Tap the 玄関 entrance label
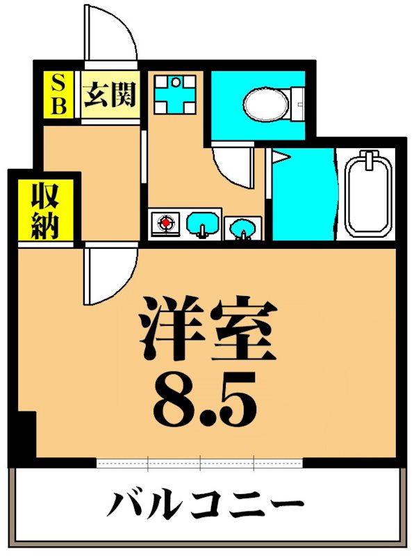tap(110, 95)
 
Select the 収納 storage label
tap(44, 211)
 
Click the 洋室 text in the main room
tap(208, 327)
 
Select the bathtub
tap(370, 195)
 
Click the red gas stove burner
tap(166, 224)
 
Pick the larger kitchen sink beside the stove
tap(204, 224)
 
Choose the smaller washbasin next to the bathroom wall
tap(242, 226)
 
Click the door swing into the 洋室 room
tap(109, 275)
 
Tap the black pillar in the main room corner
tap(25, 434)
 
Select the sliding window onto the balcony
tap(200, 462)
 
